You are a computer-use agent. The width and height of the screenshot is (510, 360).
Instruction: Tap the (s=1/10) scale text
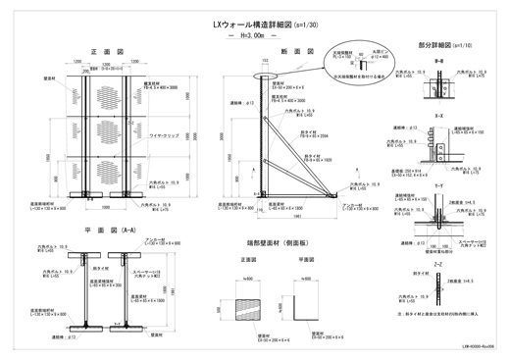pyautogui.click(x=462, y=44)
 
